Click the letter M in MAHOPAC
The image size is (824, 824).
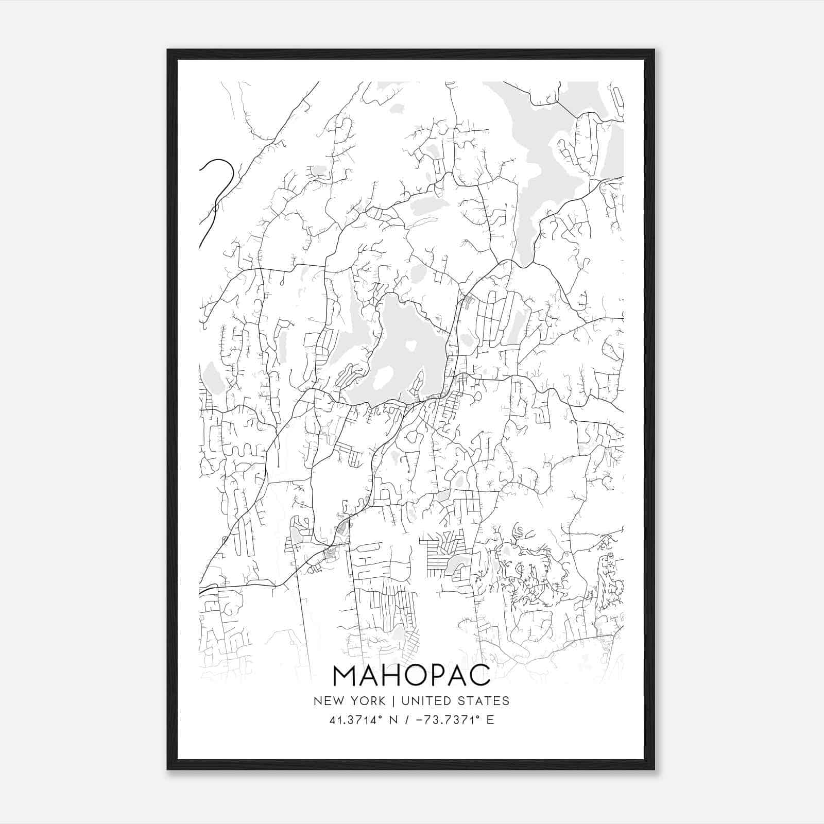click(x=347, y=676)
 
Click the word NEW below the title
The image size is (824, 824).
click(x=327, y=701)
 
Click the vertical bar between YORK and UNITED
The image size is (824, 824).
click(x=393, y=701)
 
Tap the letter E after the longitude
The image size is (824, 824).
click(x=490, y=720)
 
